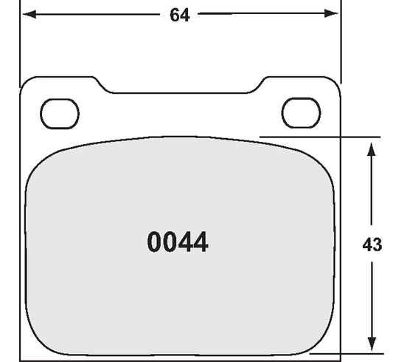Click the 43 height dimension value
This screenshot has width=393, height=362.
(x=372, y=244)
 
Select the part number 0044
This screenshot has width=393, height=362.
(x=178, y=242)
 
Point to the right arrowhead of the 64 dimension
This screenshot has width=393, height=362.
(x=333, y=14)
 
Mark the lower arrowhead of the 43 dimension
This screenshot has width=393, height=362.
(x=372, y=344)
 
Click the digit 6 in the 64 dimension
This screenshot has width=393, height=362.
(x=175, y=15)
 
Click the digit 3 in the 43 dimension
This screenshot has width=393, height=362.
(x=377, y=244)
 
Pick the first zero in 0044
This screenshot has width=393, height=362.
(x=155, y=242)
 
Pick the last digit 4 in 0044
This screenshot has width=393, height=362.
(x=200, y=242)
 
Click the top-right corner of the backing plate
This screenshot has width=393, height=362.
(x=336, y=81)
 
